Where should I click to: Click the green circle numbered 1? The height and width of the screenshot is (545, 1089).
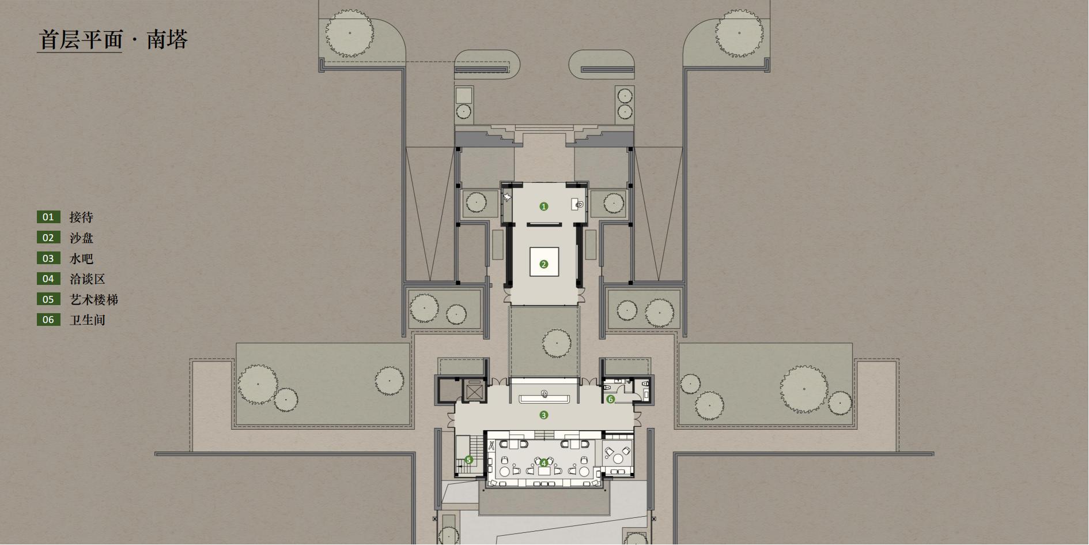point(543,206)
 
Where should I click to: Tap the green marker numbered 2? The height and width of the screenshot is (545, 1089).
point(543,265)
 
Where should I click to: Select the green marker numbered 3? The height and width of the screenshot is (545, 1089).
point(543,415)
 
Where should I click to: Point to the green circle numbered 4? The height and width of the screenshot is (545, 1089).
point(543,463)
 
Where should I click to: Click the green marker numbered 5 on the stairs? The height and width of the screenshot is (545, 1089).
point(468,460)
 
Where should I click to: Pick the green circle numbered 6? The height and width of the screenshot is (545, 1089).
point(611,399)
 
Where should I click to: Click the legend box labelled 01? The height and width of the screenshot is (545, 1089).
point(48,217)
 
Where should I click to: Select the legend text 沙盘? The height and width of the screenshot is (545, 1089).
point(81,238)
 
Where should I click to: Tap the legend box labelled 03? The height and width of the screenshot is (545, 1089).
point(48,258)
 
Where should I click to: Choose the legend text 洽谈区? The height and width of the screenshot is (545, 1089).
point(88,279)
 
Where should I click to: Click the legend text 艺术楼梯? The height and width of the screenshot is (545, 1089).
point(94,300)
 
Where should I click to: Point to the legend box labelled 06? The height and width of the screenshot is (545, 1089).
point(48,320)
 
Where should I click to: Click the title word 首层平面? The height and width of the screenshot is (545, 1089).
point(81,40)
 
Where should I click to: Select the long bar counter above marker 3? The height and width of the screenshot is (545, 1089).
point(544,399)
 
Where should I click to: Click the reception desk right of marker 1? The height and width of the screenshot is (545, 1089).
point(578,204)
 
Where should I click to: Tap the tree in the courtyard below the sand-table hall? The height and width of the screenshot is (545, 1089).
point(557,344)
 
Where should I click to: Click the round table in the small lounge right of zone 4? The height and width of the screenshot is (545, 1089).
point(619,458)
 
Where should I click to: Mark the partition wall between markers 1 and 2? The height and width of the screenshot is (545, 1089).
point(544,224)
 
